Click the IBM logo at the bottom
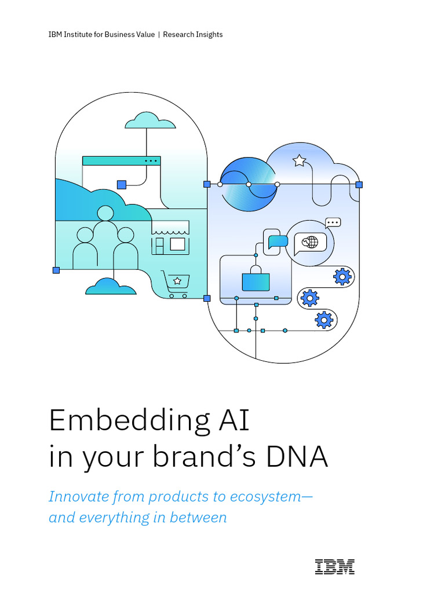click(x=334, y=566)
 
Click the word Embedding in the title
click(x=129, y=420)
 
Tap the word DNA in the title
click(x=296, y=456)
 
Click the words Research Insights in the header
click(x=193, y=35)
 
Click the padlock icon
click(x=256, y=279)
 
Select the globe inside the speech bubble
click(x=311, y=241)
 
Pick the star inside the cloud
click(x=299, y=160)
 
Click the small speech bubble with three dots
click(x=333, y=222)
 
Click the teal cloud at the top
click(x=150, y=121)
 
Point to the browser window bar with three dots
click(x=121, y=160)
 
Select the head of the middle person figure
click(x=105, y=214)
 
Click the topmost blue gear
click(x=342, y=277)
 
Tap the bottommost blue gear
click(x=324, y=319)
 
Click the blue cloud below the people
click(x=110, y=286)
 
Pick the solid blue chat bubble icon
click(x=278, y=241)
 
